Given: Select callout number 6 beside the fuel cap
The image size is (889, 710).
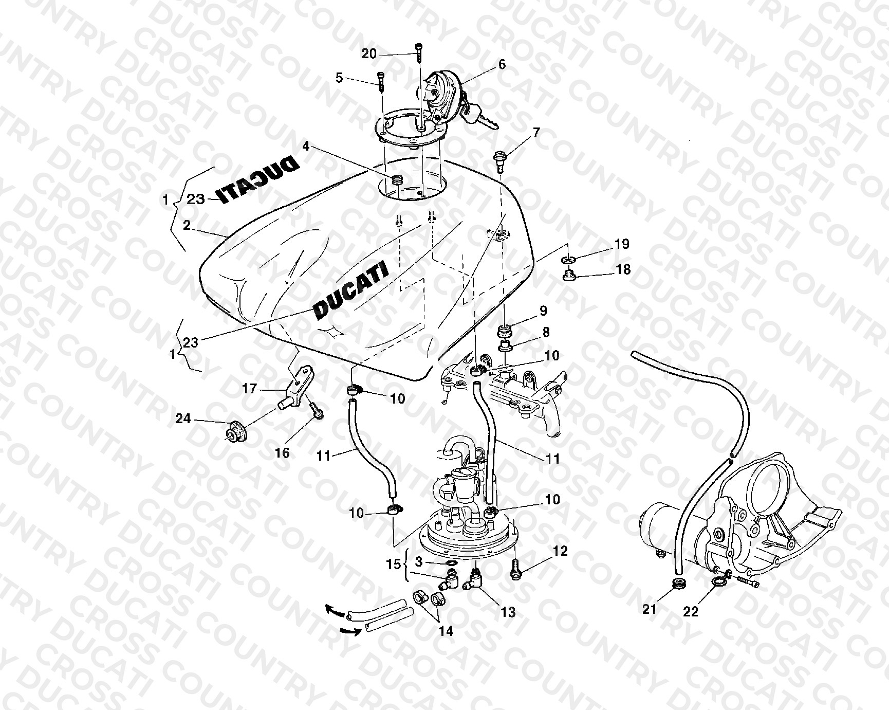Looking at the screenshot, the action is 502,64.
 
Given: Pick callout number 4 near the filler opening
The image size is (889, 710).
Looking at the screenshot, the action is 306,146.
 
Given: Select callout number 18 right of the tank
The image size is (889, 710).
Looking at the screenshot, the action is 623,269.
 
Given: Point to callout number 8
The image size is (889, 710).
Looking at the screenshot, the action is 546,332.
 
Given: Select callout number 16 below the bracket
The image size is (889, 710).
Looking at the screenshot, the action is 283,452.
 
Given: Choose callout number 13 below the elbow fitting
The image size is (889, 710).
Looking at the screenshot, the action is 508,612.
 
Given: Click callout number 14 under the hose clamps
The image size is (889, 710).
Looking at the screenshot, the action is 446,631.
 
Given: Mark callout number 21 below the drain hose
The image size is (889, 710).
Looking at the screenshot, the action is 650,609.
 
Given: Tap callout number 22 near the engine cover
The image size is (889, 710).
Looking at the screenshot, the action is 691,612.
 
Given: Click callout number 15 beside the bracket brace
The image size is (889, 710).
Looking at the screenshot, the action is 394,564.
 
